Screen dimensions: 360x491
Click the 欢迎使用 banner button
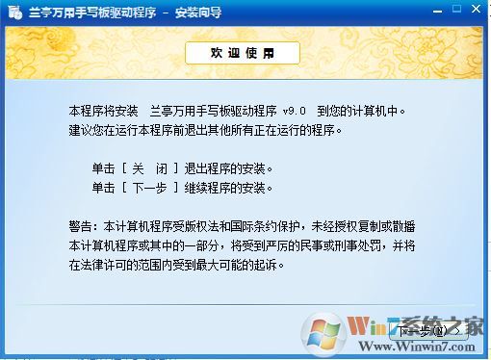point(242,53)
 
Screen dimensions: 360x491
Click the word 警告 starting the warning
point(82,226)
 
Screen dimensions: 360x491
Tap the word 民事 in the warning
point(310,244)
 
